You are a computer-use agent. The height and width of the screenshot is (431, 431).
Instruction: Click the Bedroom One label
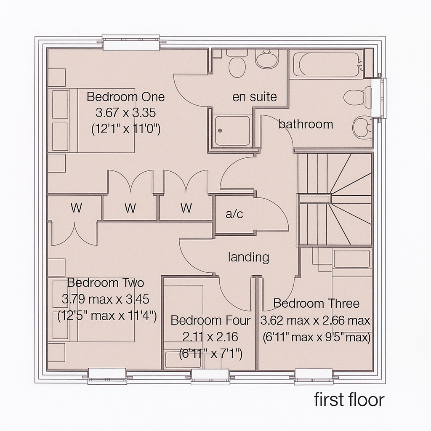(x=125, y=97)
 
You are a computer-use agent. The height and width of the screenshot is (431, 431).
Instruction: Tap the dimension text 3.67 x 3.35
(x=125, y=113)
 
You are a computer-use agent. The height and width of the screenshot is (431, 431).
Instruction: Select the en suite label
(x=255, y=97)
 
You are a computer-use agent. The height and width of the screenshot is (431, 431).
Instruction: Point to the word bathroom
(x=306, y=124)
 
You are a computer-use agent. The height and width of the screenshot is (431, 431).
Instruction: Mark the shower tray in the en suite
(x=232, y=130)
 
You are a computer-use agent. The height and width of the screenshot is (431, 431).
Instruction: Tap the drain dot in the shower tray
(x=220, y=130)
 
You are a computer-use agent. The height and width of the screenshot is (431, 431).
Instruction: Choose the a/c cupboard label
(x=234, y=214)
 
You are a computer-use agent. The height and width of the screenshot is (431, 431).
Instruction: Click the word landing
(x=248, y=257)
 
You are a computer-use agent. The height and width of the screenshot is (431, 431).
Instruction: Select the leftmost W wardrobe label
(x=76, y=208)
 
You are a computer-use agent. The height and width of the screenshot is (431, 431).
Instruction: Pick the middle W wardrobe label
(x=130, y=208)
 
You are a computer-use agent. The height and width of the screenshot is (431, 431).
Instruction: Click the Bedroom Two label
(x=105, y=282)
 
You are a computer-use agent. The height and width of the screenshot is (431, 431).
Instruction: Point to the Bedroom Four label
(x=210, y=320)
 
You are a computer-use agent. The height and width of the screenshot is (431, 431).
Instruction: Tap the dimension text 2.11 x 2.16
(x=210, y=337)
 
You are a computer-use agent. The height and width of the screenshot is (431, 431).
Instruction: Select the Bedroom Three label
(x=316, y=303)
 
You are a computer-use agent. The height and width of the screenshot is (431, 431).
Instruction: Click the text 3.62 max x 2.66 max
(x=315, y=321)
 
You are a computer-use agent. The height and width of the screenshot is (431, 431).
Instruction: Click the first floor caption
(x=349, y=399)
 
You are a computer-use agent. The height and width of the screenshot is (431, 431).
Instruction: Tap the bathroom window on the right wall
(x=379, y=98)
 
